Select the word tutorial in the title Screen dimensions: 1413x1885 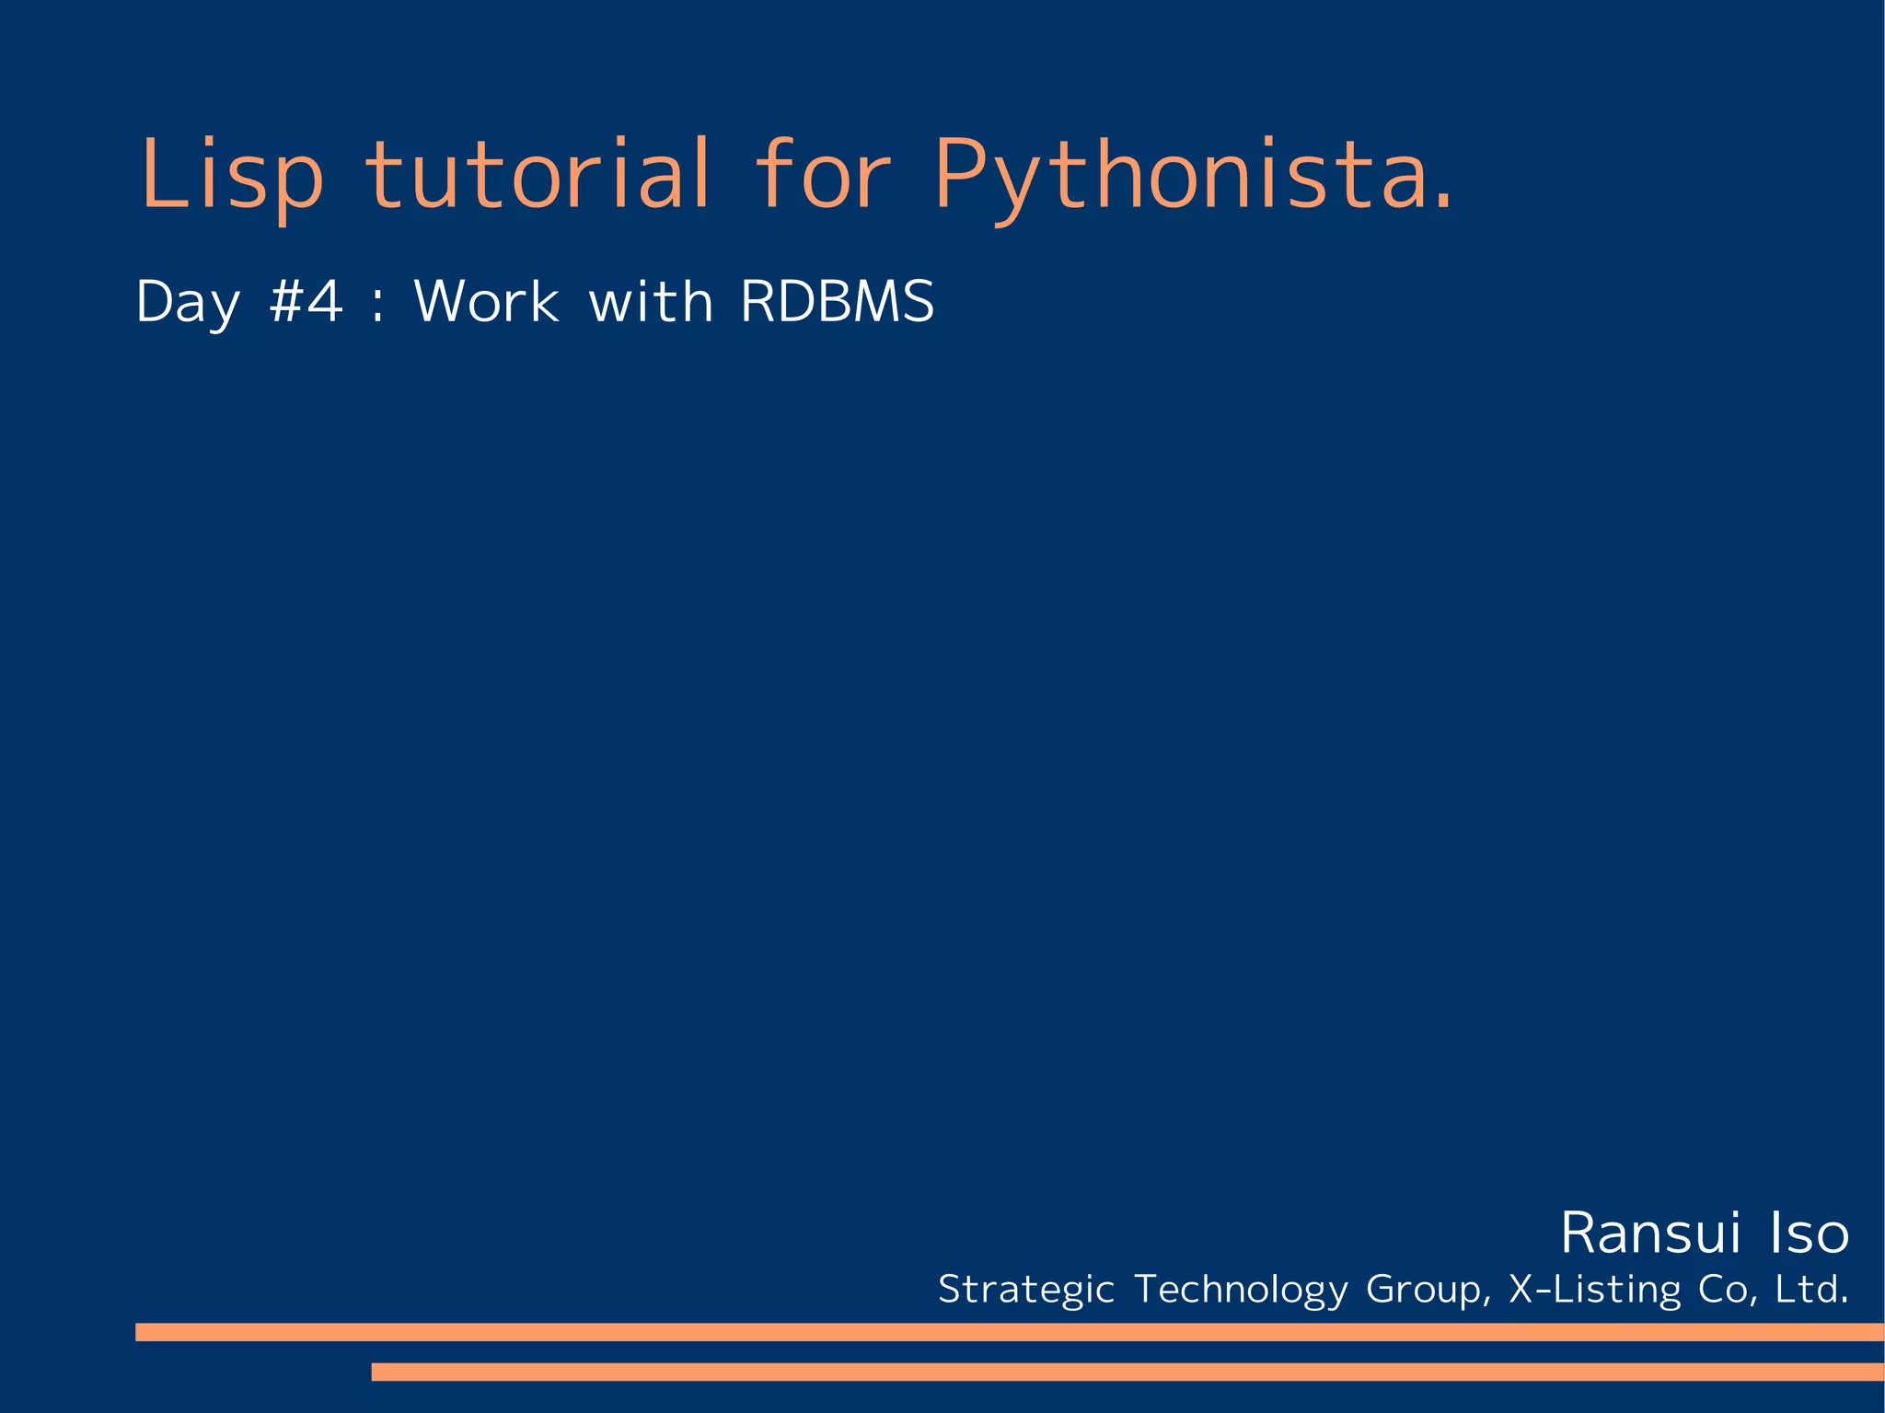(538, 175)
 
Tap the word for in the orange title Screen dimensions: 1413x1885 (822, 175)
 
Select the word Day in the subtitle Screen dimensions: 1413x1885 (188, 302)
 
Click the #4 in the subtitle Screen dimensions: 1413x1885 (306, 302)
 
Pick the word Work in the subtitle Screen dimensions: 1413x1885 (486, 302)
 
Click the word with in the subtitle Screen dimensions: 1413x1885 (651, 302)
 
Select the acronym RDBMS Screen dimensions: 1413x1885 (837, 302)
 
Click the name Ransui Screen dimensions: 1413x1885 (1650, 1233)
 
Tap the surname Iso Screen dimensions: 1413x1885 (1809, 1233)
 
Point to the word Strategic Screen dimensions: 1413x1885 (1025, 1290)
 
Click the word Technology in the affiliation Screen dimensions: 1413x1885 (1241, 1290)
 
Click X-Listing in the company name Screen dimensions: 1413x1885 (1594, 1290)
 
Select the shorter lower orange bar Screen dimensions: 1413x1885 (1127, 1372)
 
